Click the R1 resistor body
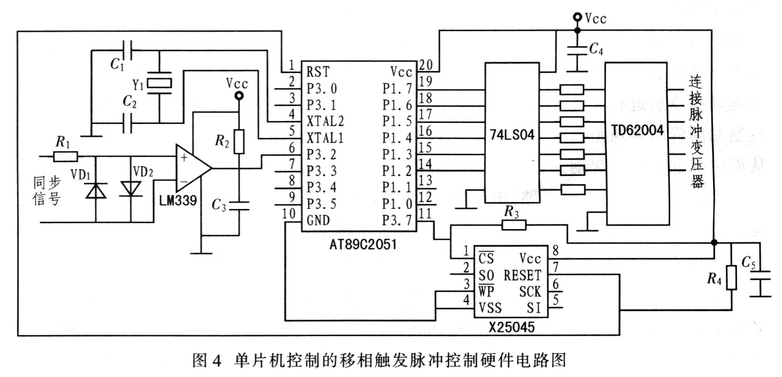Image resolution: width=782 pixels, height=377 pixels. [66, 156]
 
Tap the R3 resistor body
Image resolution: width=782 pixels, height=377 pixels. [513, 225]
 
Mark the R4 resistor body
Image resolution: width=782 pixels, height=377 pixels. [731, 278]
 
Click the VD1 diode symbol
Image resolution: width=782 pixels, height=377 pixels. [96, 189]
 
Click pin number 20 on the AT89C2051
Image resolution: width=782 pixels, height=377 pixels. [425, 64]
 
